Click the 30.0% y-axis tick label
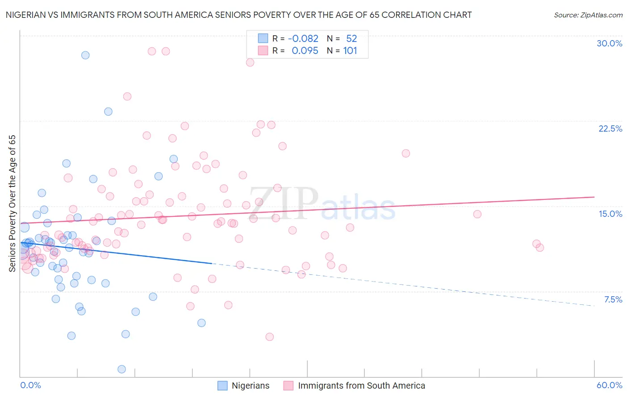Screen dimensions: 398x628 pyautogui.click(x=609, y=43)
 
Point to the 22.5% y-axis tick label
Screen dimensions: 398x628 pyautogui.click(x=610, y=129)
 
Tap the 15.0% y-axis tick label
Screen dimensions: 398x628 pyautogui.click(x=610, y=214)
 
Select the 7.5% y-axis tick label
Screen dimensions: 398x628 pyautogui.click(x=613, y=299)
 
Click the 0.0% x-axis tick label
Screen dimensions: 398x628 pyautogui.click(x=30, y=385)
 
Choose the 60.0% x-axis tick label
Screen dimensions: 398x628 pyautogui.click(x=609, y=385)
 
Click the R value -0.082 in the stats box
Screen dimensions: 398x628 pyautogui.click(x=303, y=38)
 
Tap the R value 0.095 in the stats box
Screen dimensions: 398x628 pyautogui.click(x=305, y=51)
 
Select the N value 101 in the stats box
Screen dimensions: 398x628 pyautogui.click(x=350, y=51)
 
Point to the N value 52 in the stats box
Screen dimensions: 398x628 pyautogui.click(x=352, y=38)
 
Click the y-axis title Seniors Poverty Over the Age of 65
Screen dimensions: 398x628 pyautogui.click(x=12, y=203)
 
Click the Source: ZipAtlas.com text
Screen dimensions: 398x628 pyautogui.click(x=588, y=15)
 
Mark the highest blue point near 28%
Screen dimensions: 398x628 pyautogui.click(x=85, y=55)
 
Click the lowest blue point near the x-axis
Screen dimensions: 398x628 pyautogui.click(x=121, y=369)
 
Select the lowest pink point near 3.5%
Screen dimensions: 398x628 pyautogui.click(x=269, y=337)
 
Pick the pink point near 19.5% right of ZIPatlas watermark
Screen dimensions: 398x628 pyautogui.click(x=406, y=153)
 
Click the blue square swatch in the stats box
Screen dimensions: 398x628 pyautogui.click(x=263, y=38)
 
